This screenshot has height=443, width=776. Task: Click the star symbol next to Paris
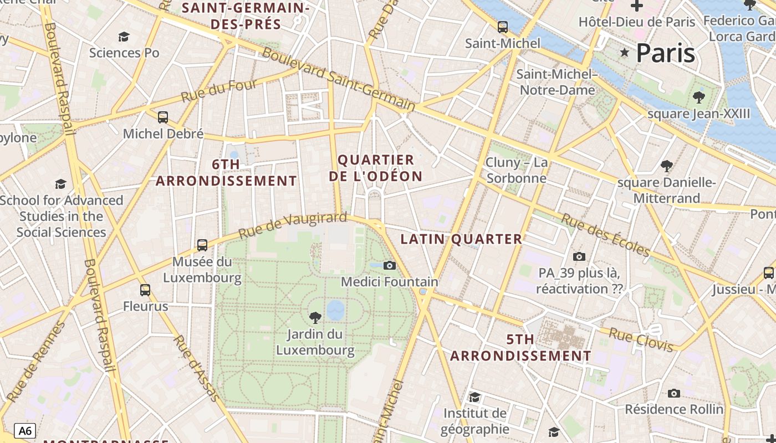click(x=625, y=53)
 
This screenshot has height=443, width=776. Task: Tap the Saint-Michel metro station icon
click(x=503, y=27)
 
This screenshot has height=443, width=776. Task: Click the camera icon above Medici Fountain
click(x=390, y=265)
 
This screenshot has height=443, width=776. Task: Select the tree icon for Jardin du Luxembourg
click(x=315, y=317)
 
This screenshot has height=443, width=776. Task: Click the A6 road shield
click(x=25, y=431)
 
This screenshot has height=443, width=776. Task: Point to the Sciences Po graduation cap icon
click(x=124, y=37)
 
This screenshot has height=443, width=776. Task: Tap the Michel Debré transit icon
click(x=163, y=117)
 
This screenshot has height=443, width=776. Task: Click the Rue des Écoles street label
click(x=605, y=235)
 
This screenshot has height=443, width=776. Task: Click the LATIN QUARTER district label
click(x=461, y=239)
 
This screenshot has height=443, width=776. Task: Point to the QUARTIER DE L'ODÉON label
click(x=376, y=168)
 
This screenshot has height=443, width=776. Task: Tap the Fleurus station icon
click(x=145, y=290)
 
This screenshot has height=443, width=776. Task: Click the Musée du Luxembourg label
click(x=202, y=270)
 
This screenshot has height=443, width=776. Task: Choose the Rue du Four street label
click(x=219, y=91)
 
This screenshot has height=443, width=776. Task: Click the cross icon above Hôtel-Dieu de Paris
click(x=637, y=6)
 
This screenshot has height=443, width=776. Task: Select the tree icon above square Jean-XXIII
click(x=699, y=97)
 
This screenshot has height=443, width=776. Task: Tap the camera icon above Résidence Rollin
click(x=674, y=393)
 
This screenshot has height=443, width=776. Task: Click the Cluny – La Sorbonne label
click(x=516, y=171)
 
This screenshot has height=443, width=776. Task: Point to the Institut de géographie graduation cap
click(x=474, y=397)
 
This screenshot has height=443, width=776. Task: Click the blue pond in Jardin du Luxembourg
click(x=335, y=310)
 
